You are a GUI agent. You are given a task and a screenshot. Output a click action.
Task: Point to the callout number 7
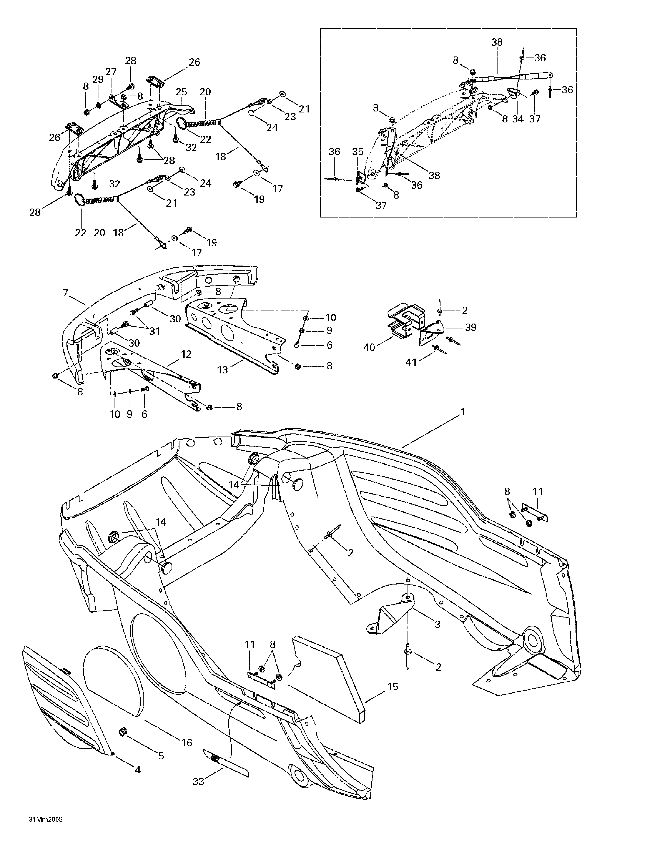65,293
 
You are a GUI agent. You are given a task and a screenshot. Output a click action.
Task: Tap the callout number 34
518,119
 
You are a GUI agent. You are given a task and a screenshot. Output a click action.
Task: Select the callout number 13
222,370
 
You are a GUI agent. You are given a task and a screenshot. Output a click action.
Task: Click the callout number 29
98,79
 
